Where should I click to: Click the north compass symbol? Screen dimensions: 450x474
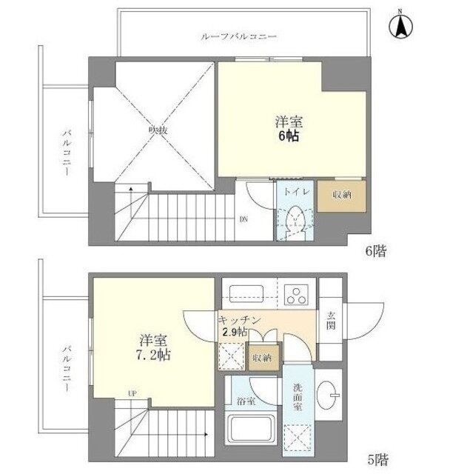click(x=400, y=26)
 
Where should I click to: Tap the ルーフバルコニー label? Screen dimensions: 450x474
click(x=238, y=37)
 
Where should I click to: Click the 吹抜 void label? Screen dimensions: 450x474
click(x=158, y=130)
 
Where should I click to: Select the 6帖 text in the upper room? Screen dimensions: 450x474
click(x=289, y=136)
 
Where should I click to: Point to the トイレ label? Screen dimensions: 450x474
click(x=297, y=192)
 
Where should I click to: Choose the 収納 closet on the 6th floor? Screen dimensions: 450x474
click(x=342, y=196)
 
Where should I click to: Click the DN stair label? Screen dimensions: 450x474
click(x=244, y=219)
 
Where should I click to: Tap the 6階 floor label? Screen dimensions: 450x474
click(x=376, y=250)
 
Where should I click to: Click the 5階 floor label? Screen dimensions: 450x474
click(x=377, y=460)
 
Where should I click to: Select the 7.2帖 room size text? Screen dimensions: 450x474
click(x=153, y=355)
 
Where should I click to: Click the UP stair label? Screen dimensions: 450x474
click(x=132, y=393)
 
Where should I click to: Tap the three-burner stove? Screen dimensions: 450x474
click(x=296, y=295)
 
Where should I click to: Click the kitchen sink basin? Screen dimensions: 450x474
click(x=246, y=293)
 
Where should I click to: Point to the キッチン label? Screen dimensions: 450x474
click(x=239, y=320)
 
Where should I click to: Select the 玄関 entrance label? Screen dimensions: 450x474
click(x=331, y=321)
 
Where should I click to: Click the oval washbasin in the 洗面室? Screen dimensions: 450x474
click(x=326, y=395)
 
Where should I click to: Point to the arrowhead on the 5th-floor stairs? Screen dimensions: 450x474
click(x=206, y=435)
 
